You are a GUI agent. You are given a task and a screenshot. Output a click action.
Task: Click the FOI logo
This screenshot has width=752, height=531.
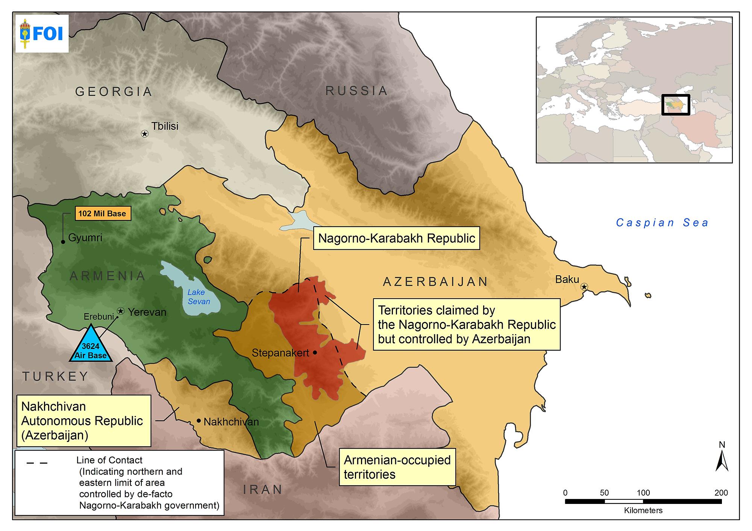tap(41, 34)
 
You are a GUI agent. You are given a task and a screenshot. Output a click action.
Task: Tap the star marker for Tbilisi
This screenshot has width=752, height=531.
tap(144, 134)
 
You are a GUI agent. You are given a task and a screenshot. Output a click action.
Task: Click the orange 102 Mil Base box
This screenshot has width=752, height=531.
tap(102, 214)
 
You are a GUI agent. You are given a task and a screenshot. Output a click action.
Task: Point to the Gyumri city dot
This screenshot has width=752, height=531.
tap(63, 242)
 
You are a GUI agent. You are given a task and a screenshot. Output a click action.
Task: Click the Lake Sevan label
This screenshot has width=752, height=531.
tap(198, 297)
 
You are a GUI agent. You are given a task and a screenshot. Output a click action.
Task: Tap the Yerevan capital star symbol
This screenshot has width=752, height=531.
tap(121, 311)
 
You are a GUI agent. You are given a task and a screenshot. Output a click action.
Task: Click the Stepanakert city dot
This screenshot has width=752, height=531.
tap(315, 352)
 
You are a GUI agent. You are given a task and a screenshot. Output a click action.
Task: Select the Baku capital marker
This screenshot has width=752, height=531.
tap(584, 287)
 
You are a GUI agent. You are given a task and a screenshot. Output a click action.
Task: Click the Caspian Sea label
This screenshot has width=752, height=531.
tap(662, 223)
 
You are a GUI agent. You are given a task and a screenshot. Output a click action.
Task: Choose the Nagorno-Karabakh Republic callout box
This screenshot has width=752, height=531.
tap(397, 238)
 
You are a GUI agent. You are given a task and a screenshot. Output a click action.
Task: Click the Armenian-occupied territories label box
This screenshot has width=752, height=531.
tap(397, 467)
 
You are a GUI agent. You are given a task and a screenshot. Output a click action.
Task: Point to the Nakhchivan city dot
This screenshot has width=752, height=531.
tap(199, 420)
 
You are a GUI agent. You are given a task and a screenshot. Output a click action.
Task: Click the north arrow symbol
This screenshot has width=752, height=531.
tap(722, 461)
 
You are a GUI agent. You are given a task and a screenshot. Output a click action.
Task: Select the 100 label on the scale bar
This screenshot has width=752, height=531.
tap(643, 492)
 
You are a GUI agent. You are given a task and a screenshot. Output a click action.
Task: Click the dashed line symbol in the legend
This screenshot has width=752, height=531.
tap(37, 463)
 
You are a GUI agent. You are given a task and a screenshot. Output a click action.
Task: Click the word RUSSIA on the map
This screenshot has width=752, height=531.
tap(356, 91)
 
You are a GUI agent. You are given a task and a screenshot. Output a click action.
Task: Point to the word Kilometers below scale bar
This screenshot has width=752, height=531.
tap(643, 511)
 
